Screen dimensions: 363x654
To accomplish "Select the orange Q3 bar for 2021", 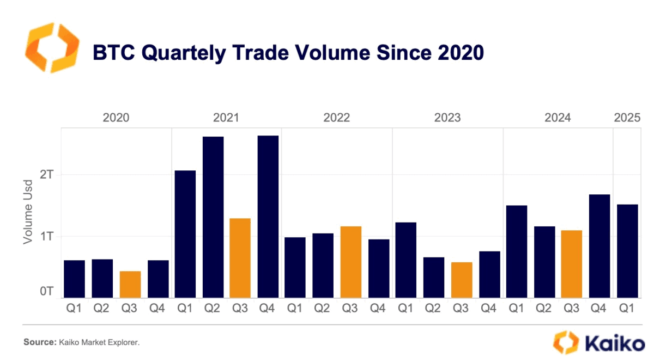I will [240, 258].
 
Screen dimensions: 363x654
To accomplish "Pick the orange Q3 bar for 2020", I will [130, 284].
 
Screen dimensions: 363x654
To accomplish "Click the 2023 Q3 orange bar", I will [462, 280].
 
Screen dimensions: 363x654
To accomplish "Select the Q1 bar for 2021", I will [185, 234].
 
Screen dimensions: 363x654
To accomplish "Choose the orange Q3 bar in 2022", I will [351, 262].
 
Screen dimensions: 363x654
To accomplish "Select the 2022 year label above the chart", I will [337, 118].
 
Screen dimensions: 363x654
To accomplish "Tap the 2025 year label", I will [627, 118].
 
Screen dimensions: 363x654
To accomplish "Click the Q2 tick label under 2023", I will [434, 309].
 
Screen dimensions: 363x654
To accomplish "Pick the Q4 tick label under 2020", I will [158, 309].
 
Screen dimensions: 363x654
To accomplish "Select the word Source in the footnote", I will [40, 342].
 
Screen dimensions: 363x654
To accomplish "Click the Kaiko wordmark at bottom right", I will [615, 344].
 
